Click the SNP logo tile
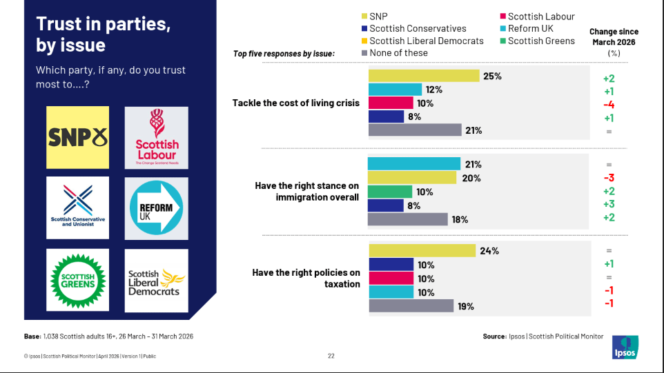point(77,137)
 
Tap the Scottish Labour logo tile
point(156,137)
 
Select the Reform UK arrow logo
point(156,208)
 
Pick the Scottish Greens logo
point(77,280)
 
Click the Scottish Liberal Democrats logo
point(156,281)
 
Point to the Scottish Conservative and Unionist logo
point(77,208)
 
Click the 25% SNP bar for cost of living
point(424,76)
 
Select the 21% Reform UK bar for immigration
point(414,163)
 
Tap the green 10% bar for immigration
point(390,192)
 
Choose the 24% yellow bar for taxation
point(422,250)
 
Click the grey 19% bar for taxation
point(411,305)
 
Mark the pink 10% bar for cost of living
point(391,103)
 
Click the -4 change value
point(609,105)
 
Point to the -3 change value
point(609,178)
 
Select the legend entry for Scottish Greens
point(538,41)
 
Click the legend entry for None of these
point(395,53)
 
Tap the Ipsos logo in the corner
point(625,347)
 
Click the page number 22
point(331,356)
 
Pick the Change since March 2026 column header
point(614,42)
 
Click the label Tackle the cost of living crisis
point(296,103)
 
